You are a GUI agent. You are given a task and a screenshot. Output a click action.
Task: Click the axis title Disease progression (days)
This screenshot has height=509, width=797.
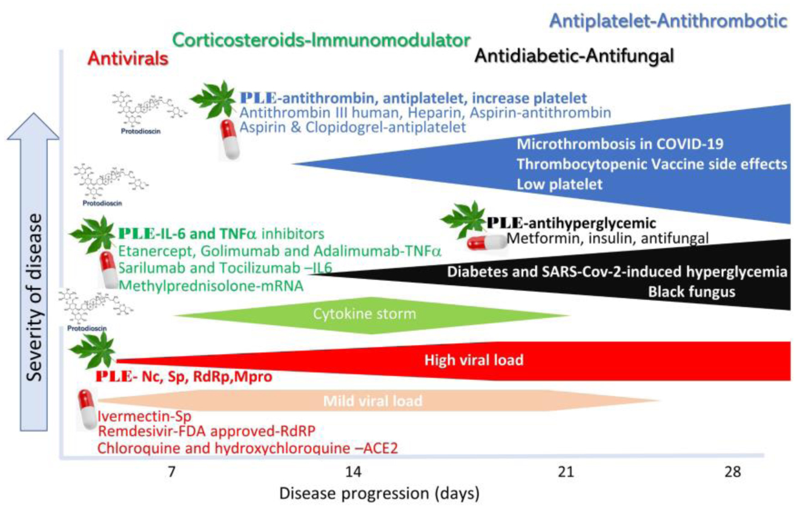click(x=379, y=493)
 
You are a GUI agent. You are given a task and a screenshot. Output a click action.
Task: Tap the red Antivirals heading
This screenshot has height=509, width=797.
click(x=128, y=58)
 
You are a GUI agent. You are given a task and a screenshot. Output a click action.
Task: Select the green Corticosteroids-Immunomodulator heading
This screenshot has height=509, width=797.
click(x=322, y=40)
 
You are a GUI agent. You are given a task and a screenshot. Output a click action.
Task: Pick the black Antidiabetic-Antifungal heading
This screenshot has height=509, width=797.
click(x=574, y=56)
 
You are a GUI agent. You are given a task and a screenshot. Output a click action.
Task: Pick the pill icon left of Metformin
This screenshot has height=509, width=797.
click(x=485, y=242)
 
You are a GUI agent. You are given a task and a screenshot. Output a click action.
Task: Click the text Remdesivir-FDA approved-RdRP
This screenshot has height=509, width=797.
click(x=207, y=432)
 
